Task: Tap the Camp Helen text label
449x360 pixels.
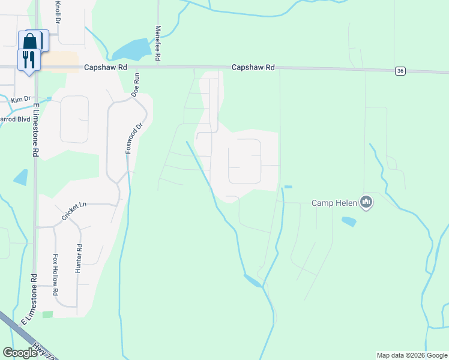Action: click(334, 203)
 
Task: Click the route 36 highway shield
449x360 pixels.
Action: click(400, 71)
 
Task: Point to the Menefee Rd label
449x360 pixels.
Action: click(158, 43)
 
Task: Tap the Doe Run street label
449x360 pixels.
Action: click(136, 85)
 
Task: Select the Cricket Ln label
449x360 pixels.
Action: click(74, 209)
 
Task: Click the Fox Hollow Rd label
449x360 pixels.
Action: click(55, 274)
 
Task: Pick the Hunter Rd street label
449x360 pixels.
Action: click(79, 259)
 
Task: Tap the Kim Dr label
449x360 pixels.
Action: click(20, 98)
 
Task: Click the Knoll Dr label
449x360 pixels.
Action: click(58, 11)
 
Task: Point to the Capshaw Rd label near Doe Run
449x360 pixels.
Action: click(106, 68)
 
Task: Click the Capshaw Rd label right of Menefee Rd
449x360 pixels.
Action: click(253, 68)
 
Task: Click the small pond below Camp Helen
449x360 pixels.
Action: click(349, 221)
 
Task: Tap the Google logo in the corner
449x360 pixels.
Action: click(20, 353)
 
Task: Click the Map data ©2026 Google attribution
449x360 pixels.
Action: click(412, 355)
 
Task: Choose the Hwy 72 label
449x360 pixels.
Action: click(47, 352)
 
